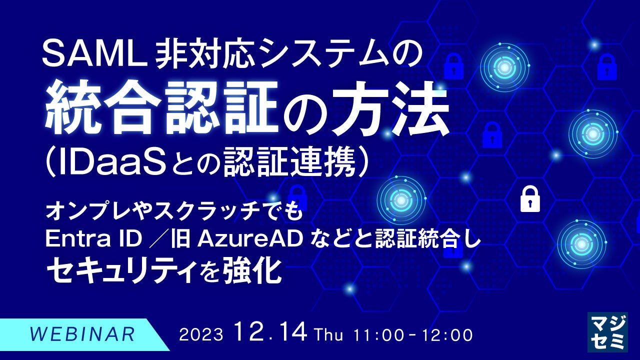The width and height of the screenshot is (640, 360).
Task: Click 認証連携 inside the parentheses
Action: [x=289, y=162]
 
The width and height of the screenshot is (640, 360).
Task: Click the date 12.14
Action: [x=270, y=332]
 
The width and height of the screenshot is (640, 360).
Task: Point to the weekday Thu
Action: [x=329, y=334]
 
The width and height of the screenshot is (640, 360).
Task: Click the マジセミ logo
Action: [x=607, y=332]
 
